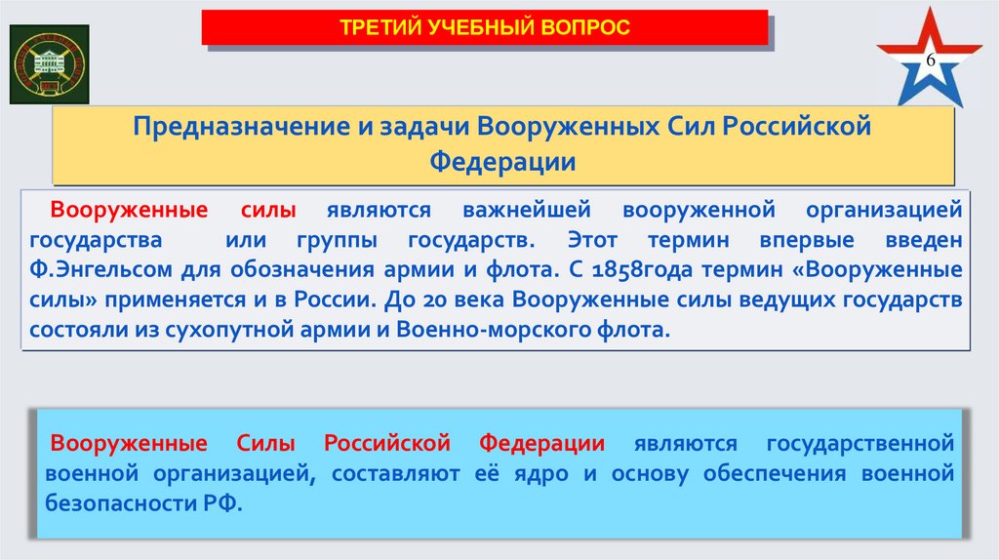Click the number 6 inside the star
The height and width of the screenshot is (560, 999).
point(930,60)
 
